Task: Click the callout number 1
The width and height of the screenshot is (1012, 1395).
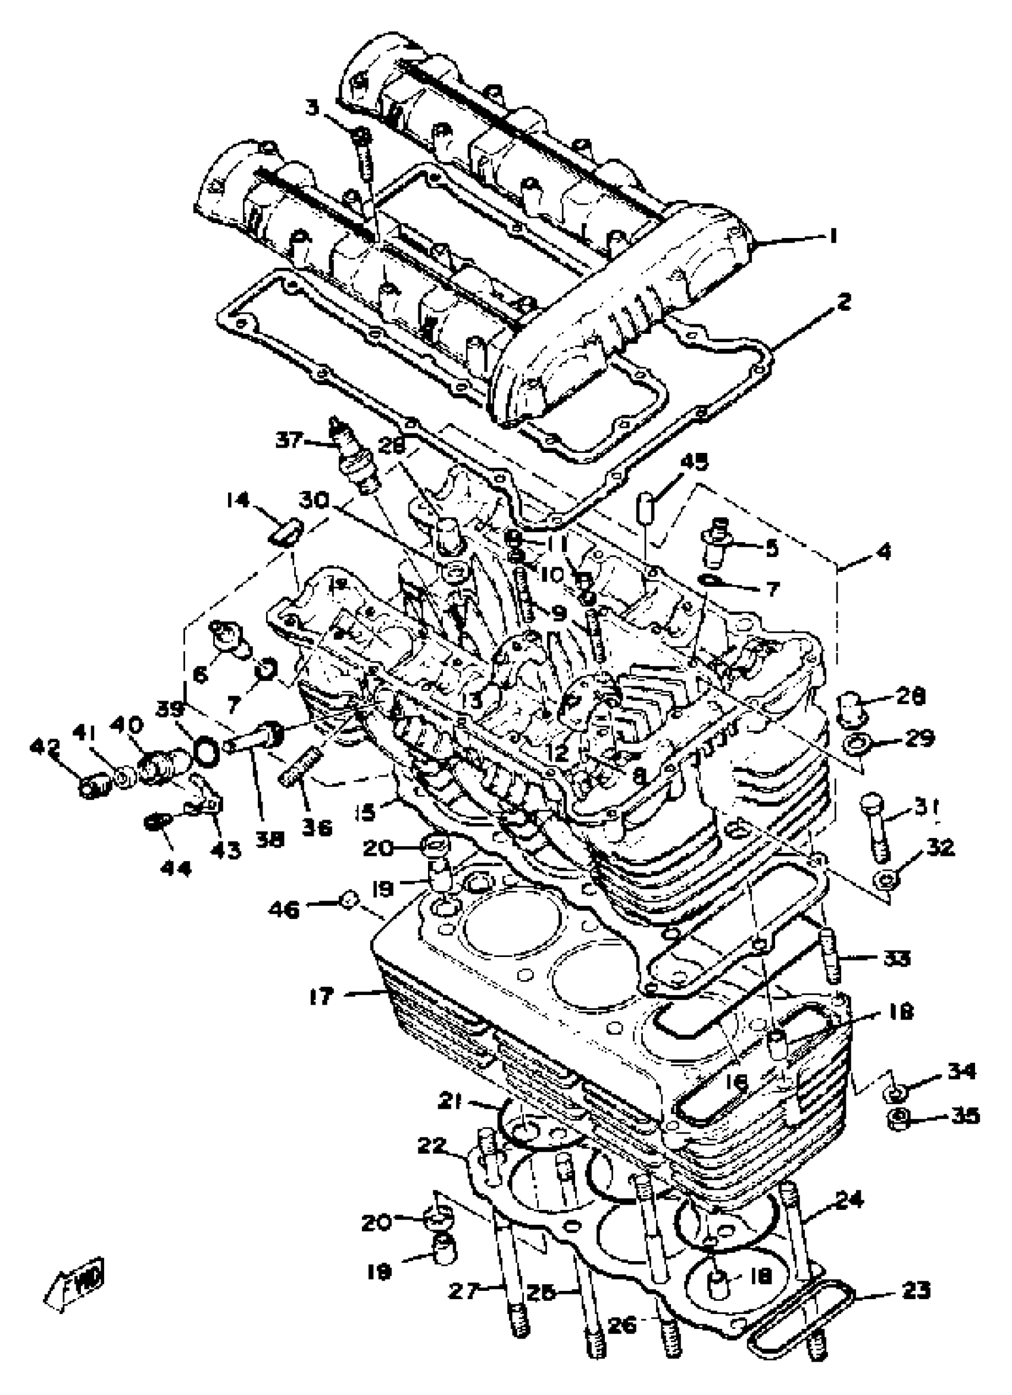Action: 832,236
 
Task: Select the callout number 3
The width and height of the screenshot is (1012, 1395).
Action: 313,108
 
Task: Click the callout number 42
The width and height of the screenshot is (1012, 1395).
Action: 45,749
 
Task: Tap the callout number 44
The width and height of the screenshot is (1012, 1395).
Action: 177,868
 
